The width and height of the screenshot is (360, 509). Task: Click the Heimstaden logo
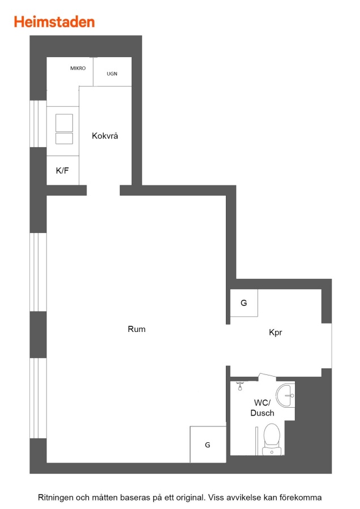(x=54, y=22)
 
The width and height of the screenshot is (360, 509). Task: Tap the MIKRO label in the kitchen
(x=78, y=68)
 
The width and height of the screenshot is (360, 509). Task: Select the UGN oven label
(x=112, y=74)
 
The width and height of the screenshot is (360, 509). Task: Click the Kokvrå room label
(x=105, y=136)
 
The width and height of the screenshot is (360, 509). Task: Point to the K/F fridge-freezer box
(x=63, y=170)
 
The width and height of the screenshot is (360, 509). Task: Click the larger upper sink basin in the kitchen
(x=64, y=123)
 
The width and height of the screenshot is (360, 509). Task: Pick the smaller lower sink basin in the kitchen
(x=64, y=139)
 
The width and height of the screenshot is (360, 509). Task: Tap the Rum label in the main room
(x=136, y=329)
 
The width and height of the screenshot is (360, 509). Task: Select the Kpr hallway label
(x=276, y=333)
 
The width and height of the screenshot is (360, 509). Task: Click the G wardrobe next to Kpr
(x=244, y=303)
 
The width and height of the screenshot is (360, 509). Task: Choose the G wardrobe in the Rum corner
(x=208, y=445)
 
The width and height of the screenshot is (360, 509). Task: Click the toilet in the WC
(x=272, y=439)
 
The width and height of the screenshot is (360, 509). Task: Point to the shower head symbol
(x=240, y=386)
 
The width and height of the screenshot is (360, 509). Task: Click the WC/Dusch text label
(x=262, y=408)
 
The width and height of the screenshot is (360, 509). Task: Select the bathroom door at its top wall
(x=267, y=376)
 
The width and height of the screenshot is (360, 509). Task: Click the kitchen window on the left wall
(x=38, y=124)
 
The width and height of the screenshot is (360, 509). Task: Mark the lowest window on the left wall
(x=38, y=398)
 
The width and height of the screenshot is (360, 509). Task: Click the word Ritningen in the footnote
(x=55, y=498)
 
